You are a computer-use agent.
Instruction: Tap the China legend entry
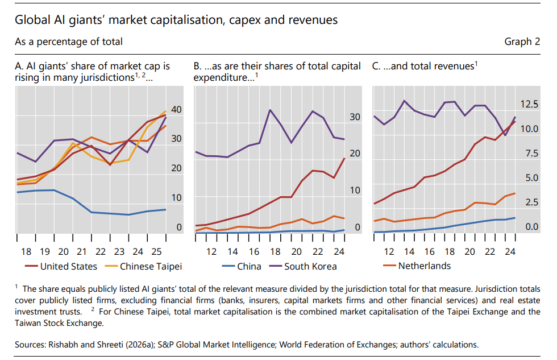tap(249, 266)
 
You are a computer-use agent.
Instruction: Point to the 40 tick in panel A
tap(177, 109)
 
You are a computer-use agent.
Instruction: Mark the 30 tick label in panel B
tap(355, 117)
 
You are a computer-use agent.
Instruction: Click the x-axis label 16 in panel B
tap(254, 251)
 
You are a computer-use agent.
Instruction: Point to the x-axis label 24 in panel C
tap(510, 251)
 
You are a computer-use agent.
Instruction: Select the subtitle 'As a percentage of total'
tap(69, 42)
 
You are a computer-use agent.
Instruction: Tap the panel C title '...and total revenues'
tap(425, 67)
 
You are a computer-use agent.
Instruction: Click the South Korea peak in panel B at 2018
tap(270, 110)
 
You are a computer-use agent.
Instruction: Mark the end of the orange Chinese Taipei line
tap(165, 111)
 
